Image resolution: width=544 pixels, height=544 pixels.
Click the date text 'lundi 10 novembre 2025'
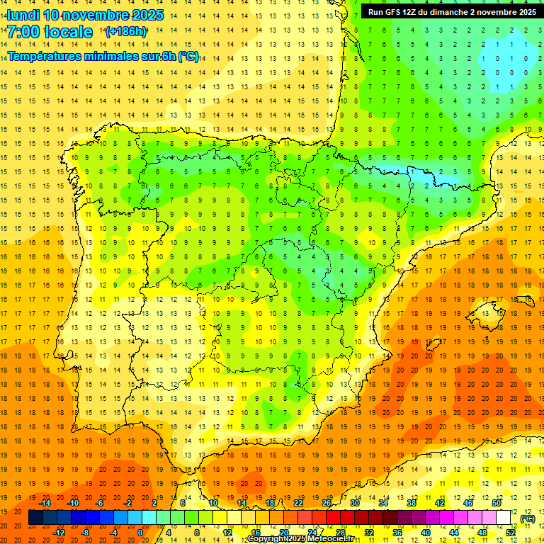click(85, 15)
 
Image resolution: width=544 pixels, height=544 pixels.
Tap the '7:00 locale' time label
click(50, 32)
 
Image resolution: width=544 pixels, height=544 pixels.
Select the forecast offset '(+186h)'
click(125, 32)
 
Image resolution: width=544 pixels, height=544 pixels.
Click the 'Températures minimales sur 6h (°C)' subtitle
click(103, 57)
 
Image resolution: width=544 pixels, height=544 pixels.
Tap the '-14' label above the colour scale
click(45, 503)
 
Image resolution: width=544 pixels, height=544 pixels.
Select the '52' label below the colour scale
click(511, 533)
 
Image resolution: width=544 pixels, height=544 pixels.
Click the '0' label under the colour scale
click(140, 533)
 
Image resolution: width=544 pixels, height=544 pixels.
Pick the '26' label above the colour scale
click(327, 503)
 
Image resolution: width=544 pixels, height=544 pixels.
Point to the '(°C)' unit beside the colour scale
click(527, 518)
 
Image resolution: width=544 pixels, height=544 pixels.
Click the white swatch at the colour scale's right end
click(503, 518)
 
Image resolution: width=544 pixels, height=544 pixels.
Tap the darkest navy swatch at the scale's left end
click(35, 518)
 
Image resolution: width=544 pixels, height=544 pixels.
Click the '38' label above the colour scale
click(412, 503)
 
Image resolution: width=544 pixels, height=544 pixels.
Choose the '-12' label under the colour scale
click(59, 533)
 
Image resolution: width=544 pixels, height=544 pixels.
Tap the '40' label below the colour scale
click(426, 533)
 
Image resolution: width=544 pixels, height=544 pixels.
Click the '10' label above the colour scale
click(213, 503)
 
